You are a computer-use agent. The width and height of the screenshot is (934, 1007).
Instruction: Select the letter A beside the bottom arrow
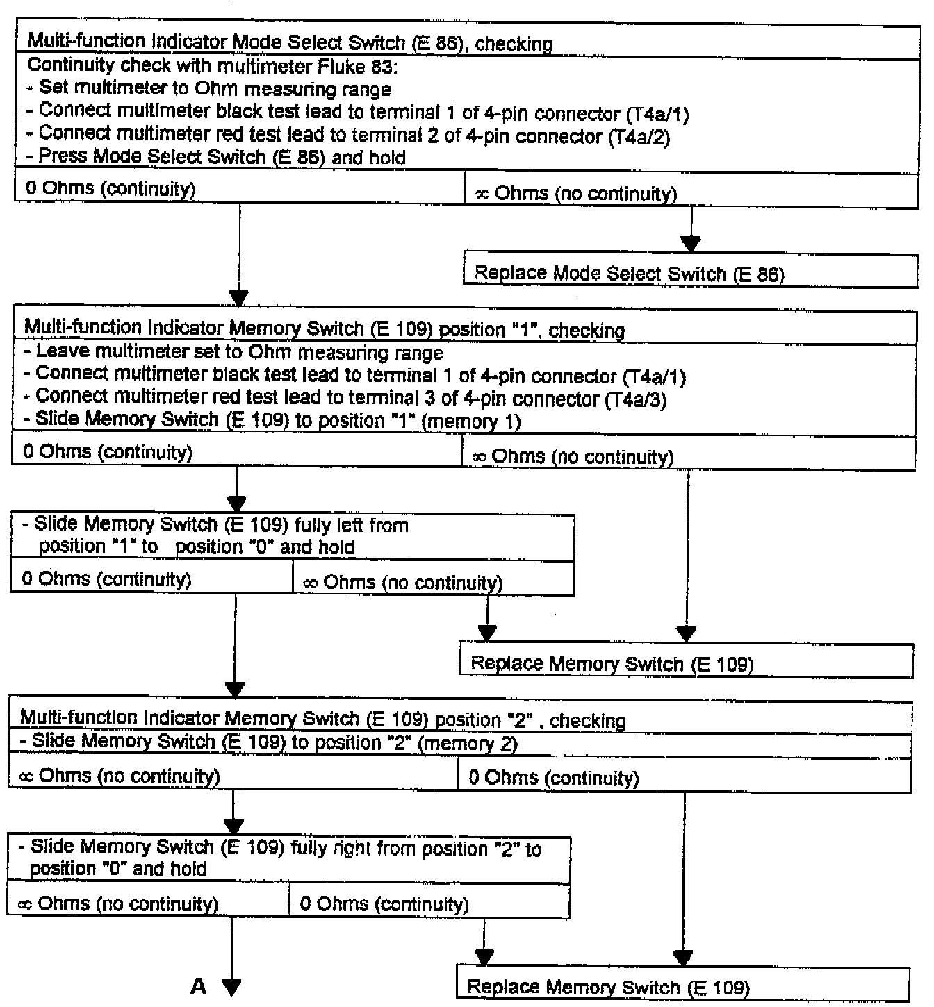(x=199, y=986)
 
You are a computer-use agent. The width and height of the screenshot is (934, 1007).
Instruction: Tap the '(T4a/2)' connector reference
(x=639, y=138)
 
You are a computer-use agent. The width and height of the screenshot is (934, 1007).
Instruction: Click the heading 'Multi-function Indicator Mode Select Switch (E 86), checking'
(x=290, y=43)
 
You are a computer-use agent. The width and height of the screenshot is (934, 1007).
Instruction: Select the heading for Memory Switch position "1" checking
(x=324, y=328)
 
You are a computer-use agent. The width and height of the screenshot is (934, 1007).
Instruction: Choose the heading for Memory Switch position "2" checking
(x=322, y=719)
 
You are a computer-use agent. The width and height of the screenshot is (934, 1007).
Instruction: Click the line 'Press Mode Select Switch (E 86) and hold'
(x=215, y=157)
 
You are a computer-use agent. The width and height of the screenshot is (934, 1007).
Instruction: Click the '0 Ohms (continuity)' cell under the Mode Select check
(x=110, y=188)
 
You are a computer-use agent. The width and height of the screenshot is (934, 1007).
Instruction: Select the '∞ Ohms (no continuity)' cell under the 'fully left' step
(x=402, y=582)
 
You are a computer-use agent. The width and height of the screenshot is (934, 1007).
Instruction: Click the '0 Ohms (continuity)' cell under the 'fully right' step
(x=384, y=904)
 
